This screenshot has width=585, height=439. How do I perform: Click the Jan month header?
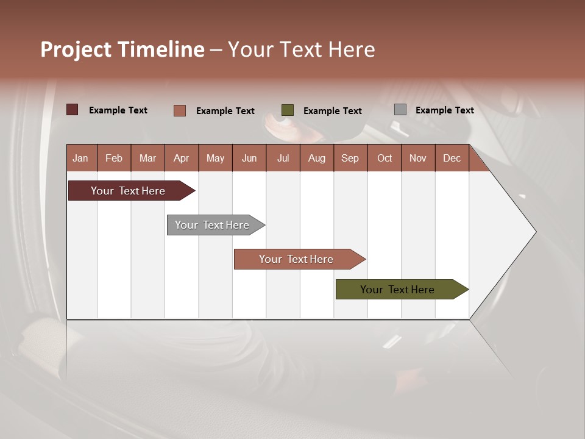(80, 158)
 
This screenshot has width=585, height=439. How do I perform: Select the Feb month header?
(114, 158)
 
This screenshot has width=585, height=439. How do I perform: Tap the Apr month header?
(181, 158)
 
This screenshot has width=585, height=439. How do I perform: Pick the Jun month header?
(249, 158)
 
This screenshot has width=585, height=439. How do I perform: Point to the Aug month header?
(316, 158)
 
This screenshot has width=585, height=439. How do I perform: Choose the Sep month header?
(350, 158)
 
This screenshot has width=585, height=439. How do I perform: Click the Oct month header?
(385, 158)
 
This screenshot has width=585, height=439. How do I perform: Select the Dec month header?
(452, 158)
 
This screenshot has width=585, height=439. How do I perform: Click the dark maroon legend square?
(73, 110)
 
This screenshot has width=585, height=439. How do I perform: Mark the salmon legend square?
(180, 110)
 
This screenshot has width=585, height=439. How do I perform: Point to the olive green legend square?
(288, 110)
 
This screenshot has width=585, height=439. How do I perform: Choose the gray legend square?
(400, 110)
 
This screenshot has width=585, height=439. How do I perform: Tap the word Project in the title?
(76, 49)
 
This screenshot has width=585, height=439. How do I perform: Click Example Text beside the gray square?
(444, 110)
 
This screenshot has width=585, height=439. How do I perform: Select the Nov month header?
(418, 158)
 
